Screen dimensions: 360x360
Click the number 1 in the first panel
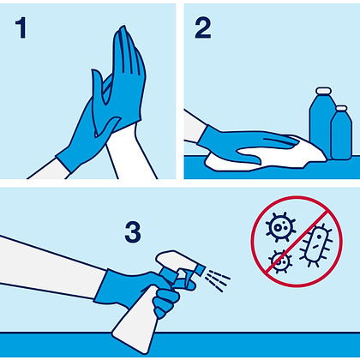click(21, 27)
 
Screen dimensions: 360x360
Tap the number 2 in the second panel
click(202, 27)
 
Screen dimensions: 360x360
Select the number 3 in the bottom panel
click(133, 232)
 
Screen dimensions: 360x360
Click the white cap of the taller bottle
click(324, 91)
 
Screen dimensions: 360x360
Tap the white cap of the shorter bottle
click(341, 108)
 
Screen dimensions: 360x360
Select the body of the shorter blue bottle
click(341, 135)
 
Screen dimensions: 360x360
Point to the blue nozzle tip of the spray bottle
click(201, 270)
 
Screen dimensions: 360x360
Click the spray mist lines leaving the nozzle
click(218, 280)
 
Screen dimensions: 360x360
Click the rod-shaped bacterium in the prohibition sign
click(315, 246)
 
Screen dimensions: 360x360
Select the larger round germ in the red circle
click(280, 227)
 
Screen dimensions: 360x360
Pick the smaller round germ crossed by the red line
click(280, 261)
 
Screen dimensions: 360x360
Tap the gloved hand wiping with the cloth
click(243, 143)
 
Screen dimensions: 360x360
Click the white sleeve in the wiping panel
click(193, 127)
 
